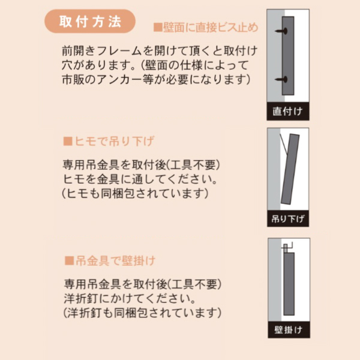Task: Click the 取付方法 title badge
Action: coord(90,21)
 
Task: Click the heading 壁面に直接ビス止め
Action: coord(206,28)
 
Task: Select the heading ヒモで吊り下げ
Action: coord(109,141)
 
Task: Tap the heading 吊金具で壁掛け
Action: coord(110,261)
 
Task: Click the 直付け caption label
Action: coord(287,112)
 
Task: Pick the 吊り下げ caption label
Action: coord(288,218)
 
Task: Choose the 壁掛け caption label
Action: coord(289,329)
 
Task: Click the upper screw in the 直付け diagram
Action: coord(281,31)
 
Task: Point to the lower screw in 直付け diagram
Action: coord(281,80)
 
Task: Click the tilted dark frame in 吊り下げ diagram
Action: coord(290,169)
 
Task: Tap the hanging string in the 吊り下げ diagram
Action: coord(284,145)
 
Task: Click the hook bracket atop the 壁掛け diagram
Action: coord(287,248)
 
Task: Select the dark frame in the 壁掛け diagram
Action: coord(289,284)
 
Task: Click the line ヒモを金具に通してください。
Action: coord(140,179)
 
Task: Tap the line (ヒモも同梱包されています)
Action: coord(136,193)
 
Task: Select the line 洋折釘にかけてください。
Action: coord(130,298)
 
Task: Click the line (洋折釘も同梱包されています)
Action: coord(142,313)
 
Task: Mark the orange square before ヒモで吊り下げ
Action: coord(68,141)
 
